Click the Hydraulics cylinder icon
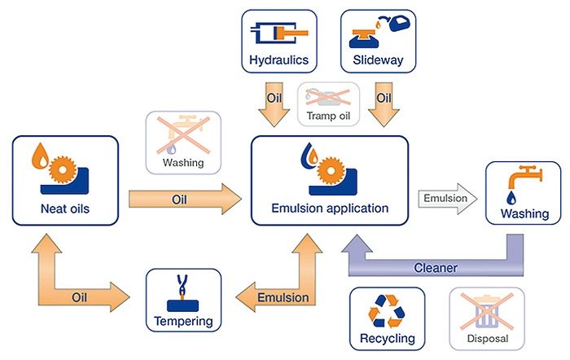pos(278,33)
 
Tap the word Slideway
pos(378,59)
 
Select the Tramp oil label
pos(328,116)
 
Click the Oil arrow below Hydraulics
pos(274,104)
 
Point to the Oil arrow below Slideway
pos(384,104)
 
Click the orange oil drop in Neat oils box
pos(40,156)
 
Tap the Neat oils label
pos(65,209)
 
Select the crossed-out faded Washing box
pos(183,143)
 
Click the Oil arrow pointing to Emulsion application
pos(185,199)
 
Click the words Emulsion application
pos(330,208)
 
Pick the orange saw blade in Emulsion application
pos(331,170)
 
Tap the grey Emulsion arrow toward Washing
pos(448,199)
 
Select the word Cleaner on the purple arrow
pos(436,268)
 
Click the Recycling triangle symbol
pos(387,311)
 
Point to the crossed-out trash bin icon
pos(487,312)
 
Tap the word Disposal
pos(488,339)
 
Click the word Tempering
pos(183,321)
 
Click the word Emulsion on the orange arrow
pos(283,297)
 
